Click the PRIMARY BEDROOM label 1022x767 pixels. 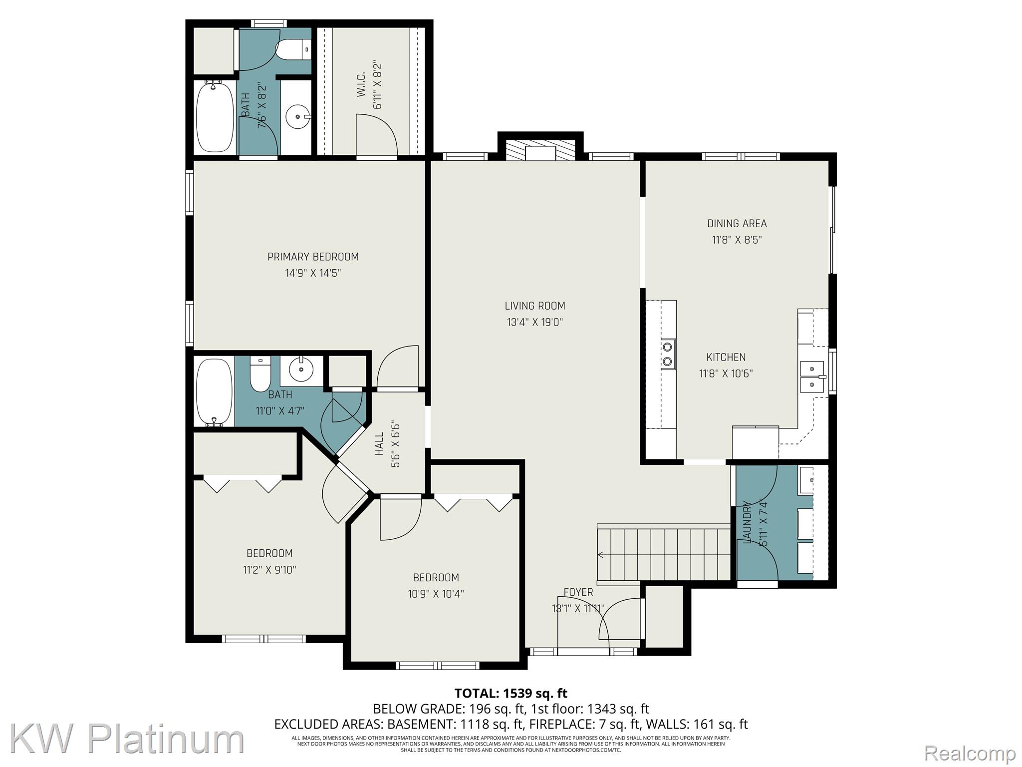click(313, 257)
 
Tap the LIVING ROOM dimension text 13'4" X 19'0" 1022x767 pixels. click(535, 322)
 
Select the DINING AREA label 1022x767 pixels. click(737, 224)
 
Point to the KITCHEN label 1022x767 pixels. click(726, 357)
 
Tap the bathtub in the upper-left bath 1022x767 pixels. click(215, 117)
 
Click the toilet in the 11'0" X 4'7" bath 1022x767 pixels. click(260, 375)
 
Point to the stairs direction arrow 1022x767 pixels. click(601, 554)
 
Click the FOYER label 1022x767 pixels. click(578, 592)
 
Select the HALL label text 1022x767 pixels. click(380, 444)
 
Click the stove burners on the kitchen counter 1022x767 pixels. click(668, 354)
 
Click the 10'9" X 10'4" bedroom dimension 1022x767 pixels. click(436, 594)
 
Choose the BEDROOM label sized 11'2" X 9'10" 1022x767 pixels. click(269, 553)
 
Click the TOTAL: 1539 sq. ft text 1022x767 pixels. click(511, 693)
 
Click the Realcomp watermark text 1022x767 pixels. click(970, 753)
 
